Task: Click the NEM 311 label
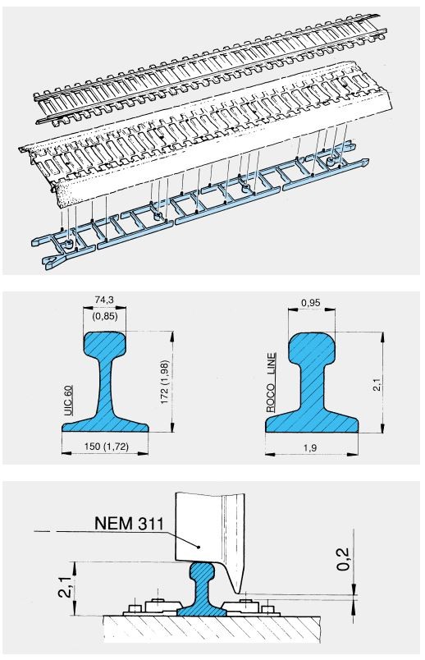pos(129,523)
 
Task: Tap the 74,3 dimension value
pos(104,300)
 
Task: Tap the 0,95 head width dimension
pos(312,302)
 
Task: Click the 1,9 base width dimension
pos(310,448)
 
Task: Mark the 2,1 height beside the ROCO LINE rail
pos(377,384)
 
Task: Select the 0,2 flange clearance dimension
pos(344,559)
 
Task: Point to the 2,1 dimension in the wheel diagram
pos(65,588)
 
